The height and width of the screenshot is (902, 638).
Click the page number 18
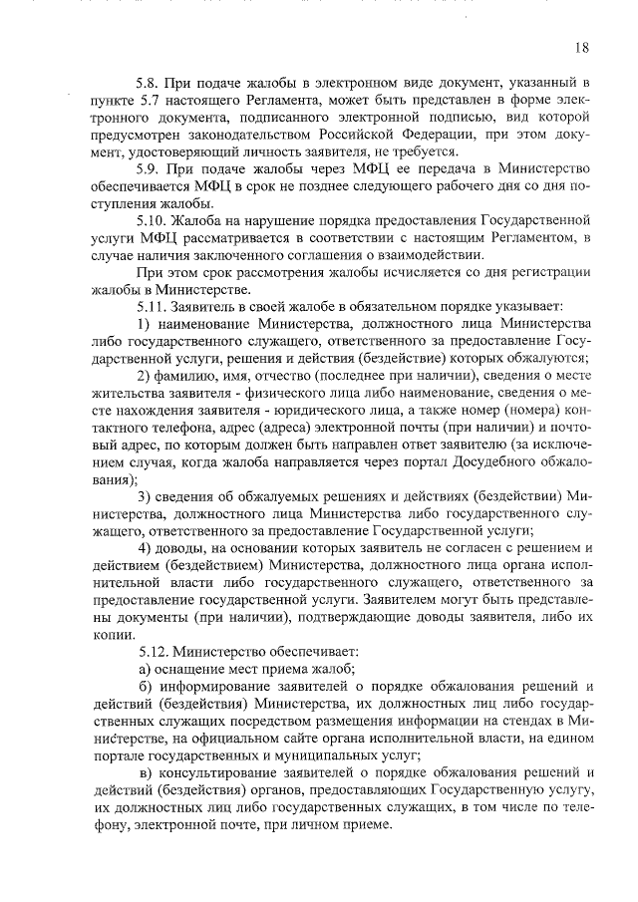(x=582, y=48)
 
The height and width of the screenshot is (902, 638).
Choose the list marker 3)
(x=145, y=495)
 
